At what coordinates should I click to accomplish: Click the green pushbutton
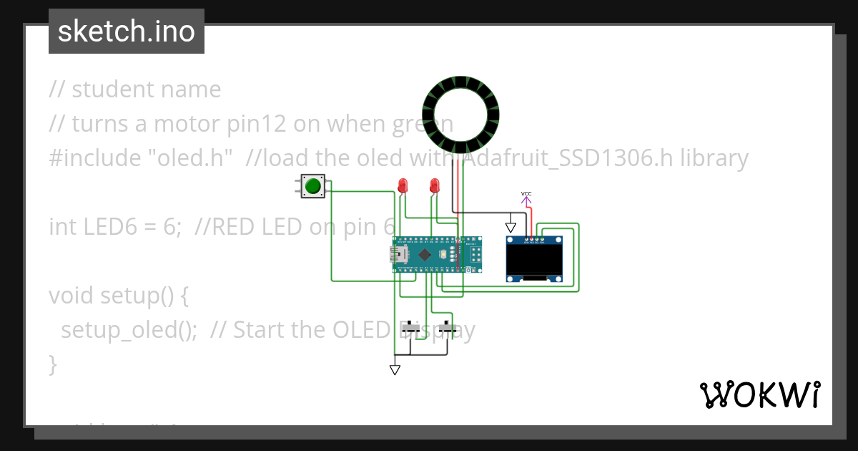coord(312,187)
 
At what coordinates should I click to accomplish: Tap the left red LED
coord(403,185)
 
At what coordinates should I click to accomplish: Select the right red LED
coord(434,185)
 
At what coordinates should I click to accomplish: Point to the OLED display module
coord(534,258)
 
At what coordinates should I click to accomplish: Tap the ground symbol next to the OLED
coord(511,226)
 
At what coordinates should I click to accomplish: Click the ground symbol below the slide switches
coord(395,369)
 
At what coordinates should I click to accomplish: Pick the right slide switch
coord(448,329)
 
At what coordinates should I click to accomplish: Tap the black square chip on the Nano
coord(425,255)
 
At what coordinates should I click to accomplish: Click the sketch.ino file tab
coord(127,31)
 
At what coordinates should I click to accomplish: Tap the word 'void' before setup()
coord(71,296)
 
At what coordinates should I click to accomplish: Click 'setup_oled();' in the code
coord(129,330)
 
